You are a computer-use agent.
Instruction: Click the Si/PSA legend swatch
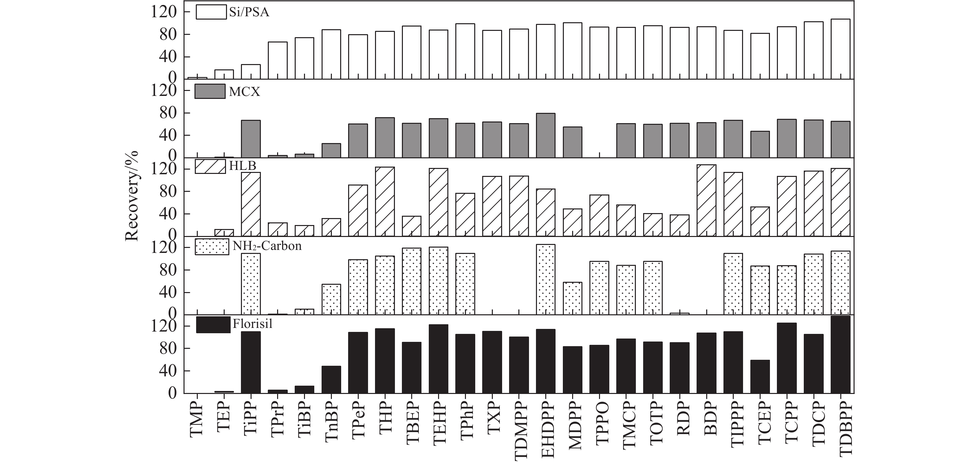[x=211, y=12]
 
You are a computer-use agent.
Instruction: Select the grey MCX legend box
[x=210, y=91]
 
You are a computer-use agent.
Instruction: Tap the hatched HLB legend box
[x=210, y=166]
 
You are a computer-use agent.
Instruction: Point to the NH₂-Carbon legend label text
[x=267, y=246]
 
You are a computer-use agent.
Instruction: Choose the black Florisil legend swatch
[x=213, y=325]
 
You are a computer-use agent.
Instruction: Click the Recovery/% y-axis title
[x=132, y=196]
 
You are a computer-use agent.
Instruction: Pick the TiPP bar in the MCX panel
[x=251, y=139]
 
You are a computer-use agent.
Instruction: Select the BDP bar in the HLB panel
[x=707, y=200]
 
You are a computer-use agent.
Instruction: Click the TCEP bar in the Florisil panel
[x=760, y=376]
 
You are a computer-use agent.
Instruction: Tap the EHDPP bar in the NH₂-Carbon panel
[x=546, y=279]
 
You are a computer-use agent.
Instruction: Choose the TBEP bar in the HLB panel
[x=412, y=226]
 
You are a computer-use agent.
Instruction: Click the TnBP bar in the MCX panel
[x=331, y=150]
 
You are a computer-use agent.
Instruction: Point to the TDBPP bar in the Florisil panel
[x=840, y=354]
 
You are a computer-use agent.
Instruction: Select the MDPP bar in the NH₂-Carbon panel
[x=572, y=298]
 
